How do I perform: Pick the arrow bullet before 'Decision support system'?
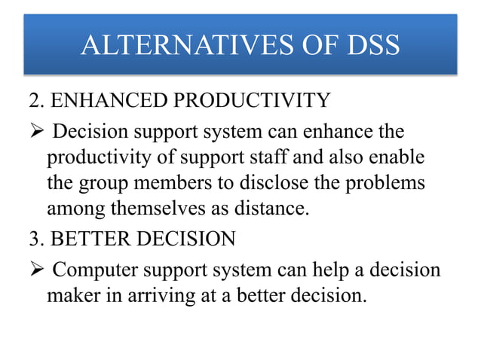[39, 133]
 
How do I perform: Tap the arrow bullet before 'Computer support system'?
[39, 269]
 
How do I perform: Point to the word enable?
[399, 160]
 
